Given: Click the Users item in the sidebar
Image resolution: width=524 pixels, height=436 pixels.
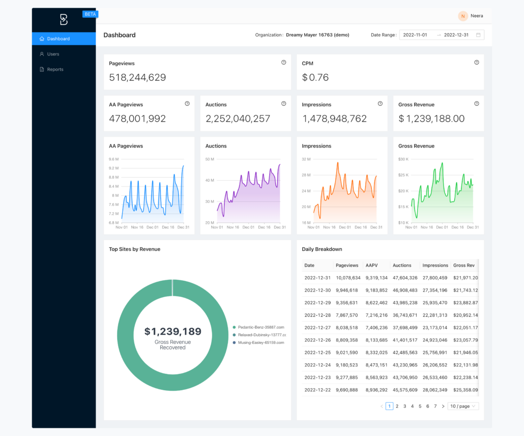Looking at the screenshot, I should point(53,54).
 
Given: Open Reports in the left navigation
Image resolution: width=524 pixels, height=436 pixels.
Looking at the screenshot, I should point(55,69).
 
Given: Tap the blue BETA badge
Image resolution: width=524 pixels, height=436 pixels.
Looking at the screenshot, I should point(90,14).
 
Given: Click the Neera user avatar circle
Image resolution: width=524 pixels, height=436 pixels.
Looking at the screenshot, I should point(462,16).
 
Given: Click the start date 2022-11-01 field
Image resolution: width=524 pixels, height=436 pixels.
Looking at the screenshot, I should point(415,35).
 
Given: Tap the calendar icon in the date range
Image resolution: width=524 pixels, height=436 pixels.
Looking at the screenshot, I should point(478,35).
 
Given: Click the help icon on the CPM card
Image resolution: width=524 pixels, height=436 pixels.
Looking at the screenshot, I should point(477,63).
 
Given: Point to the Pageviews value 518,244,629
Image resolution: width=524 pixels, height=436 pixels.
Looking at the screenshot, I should point(137,77).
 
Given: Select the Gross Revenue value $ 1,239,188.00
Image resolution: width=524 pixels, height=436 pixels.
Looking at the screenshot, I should point(431,119).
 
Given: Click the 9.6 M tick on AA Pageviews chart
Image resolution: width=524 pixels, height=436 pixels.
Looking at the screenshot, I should point(113,159).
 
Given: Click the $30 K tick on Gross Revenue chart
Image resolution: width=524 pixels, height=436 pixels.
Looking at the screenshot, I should point(403,159).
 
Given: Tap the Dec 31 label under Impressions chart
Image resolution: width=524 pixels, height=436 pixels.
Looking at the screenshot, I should point(376,227).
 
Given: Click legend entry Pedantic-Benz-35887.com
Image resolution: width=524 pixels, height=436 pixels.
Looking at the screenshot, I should point(260,327).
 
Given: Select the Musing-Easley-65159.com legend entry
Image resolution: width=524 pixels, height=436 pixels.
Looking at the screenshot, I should point(260,342).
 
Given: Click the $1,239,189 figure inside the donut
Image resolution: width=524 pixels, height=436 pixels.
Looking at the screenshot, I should point(172,331).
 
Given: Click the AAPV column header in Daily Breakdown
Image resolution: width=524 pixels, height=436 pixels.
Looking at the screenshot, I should point(371,265).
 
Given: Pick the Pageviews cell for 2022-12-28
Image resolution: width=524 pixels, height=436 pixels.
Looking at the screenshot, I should point(347,315).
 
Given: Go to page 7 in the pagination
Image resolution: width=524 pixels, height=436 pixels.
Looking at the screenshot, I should point(435,406).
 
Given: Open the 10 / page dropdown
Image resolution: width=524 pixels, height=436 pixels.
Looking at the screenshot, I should point(463,406).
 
